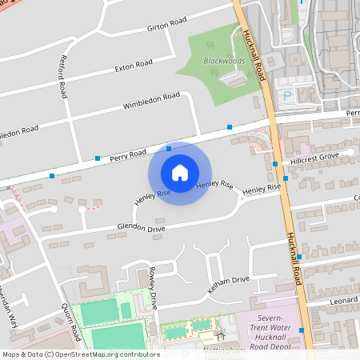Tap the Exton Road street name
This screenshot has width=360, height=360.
click(134, 64)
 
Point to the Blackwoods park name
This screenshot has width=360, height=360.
click(223, 60)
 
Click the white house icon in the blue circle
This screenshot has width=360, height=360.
click(180, 173)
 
